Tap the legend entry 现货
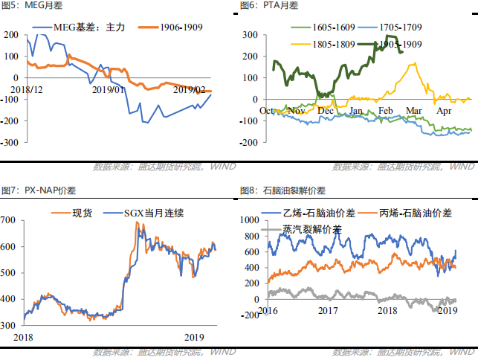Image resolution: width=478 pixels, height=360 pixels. (x=82, y=213)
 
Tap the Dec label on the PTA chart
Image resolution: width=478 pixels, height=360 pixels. (x=326, y=110)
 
